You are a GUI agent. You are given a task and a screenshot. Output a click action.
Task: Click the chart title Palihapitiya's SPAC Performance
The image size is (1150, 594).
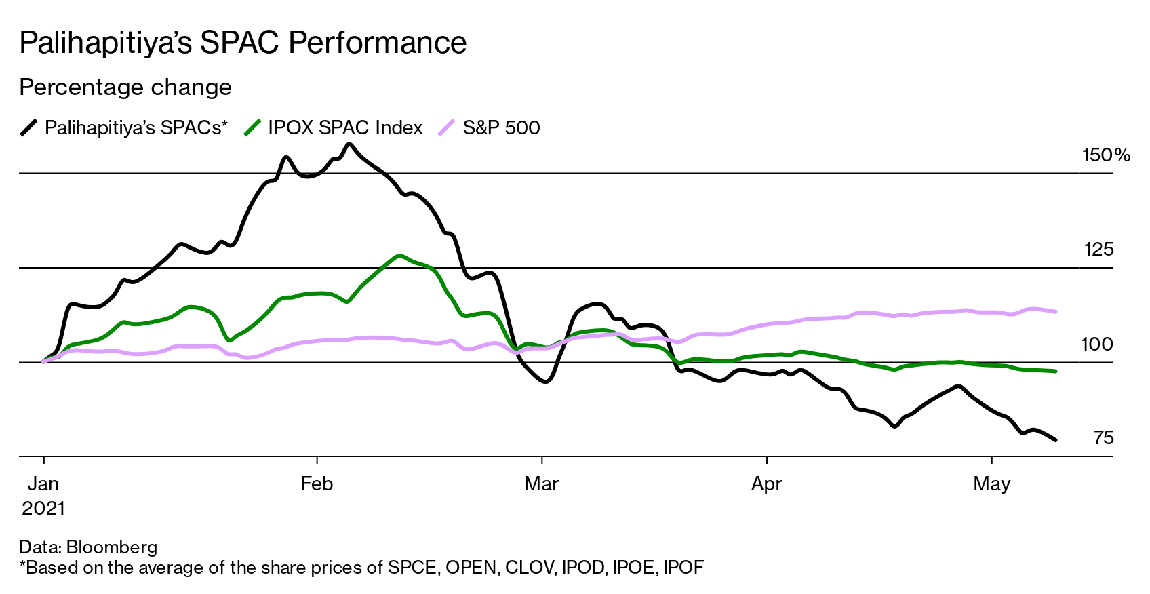(x=243, y=43)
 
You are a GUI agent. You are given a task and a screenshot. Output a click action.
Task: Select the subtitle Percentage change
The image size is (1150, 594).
(x=125, y=87)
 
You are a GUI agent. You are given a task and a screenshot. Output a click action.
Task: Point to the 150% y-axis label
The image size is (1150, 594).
(x=1105, y=155)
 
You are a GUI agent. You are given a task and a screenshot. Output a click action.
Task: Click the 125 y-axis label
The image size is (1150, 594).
(x=1098, y=250)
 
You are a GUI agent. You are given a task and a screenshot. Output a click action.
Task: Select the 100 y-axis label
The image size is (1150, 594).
(x=1096, y=344)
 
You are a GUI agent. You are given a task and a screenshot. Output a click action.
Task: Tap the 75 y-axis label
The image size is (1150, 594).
(x=1103, y=438)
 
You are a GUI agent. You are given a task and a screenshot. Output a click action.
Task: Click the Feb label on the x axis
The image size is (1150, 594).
(x=317, y=483)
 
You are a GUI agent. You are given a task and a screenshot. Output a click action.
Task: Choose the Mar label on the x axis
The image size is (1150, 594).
(x=541, y=483)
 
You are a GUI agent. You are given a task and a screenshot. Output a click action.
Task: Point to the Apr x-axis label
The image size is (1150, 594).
(x=766, y=483)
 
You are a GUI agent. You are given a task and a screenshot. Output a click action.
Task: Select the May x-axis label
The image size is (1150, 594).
(x=991, y=483)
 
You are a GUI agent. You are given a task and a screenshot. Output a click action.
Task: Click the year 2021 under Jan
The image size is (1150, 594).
(x=43, y=508)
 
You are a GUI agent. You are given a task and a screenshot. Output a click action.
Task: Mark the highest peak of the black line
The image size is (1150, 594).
(x=349, y=144)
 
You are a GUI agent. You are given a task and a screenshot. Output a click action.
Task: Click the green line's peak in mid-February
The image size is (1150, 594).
(x=399, y=256)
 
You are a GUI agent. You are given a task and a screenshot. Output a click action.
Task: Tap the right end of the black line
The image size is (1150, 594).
(x=1056, y=440)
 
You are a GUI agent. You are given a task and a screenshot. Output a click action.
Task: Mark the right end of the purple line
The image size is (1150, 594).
(x=1056, y=312)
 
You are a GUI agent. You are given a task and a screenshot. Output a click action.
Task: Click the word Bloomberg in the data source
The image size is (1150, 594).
(x=112, y=547)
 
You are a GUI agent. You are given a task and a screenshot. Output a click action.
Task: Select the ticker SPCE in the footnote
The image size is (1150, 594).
(x=412, y=568)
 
